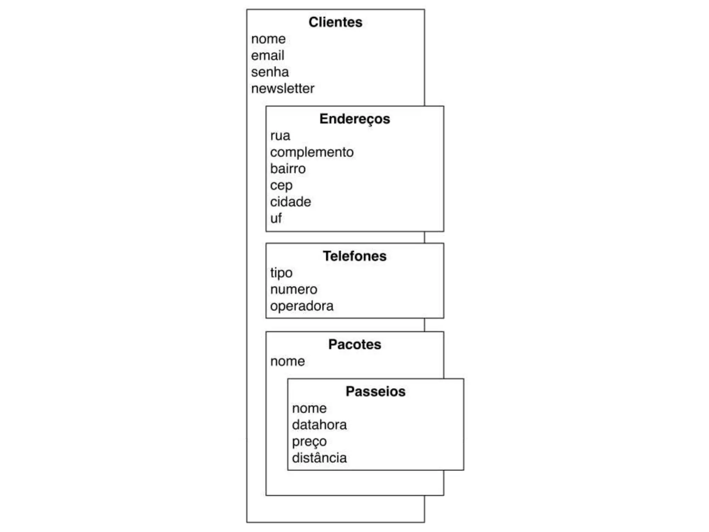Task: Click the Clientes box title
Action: point(335,22)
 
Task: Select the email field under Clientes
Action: point(268,55)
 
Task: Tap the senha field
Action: point(270,72)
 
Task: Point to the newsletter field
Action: point(282,89)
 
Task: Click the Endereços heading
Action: point(354,119)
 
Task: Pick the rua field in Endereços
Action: point(280,135)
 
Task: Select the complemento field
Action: point(312,152)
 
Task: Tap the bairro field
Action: point(288,169)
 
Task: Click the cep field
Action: point(281,186)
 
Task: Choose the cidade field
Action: point(290,202)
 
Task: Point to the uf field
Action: point(276,218)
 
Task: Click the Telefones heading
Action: point(354,256)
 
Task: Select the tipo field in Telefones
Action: point(281,273)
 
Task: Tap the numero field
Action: point(294,289)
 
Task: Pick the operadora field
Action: point(302,306)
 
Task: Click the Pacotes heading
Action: point(354,344)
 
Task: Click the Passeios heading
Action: point(375,391)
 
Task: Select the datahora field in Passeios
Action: point(319,425)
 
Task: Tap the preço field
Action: point(309,442)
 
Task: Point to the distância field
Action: point(319,458)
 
